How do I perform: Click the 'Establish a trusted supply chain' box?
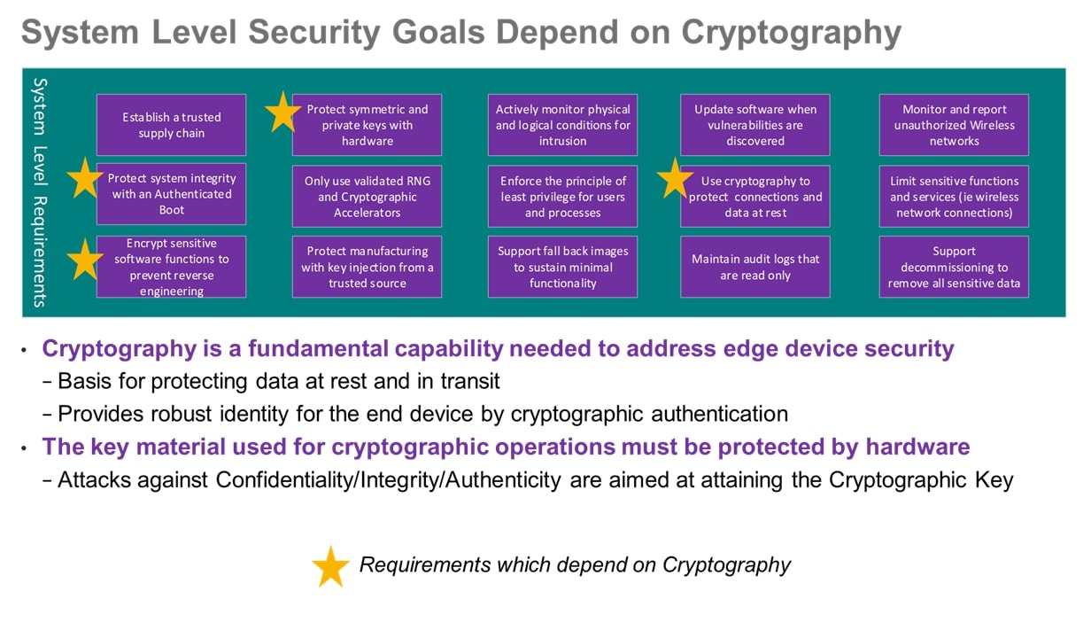coord(172,125)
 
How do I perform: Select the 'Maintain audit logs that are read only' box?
coord(754,267)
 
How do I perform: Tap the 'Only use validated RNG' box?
coord(368,197)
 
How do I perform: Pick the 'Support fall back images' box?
coord(562,267)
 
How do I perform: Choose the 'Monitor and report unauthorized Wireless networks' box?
coord(954,125)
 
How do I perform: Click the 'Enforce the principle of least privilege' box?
coord(562,197)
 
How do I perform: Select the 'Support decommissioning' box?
coord(954,267)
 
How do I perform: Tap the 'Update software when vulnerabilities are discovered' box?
coord(754,125)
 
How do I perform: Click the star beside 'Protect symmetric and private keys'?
coord(282,113)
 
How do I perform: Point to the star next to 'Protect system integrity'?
coord(85,179)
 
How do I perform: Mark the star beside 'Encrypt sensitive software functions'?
coord(85,261)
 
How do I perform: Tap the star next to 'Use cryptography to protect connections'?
coord(675,179)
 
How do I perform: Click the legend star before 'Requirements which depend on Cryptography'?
coord(330,567)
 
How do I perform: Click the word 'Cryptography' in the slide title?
coord(791,33)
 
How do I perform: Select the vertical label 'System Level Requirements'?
coord(40,192)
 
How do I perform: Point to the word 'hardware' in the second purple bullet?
coord(917,447)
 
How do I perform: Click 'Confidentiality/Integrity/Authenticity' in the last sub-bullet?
coord(388,480)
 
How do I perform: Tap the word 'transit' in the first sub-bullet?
coord(470,381)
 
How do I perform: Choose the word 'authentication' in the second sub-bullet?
coord(719,414)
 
